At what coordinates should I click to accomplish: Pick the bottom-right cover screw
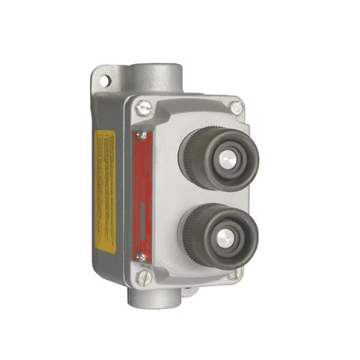point(232,274)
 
